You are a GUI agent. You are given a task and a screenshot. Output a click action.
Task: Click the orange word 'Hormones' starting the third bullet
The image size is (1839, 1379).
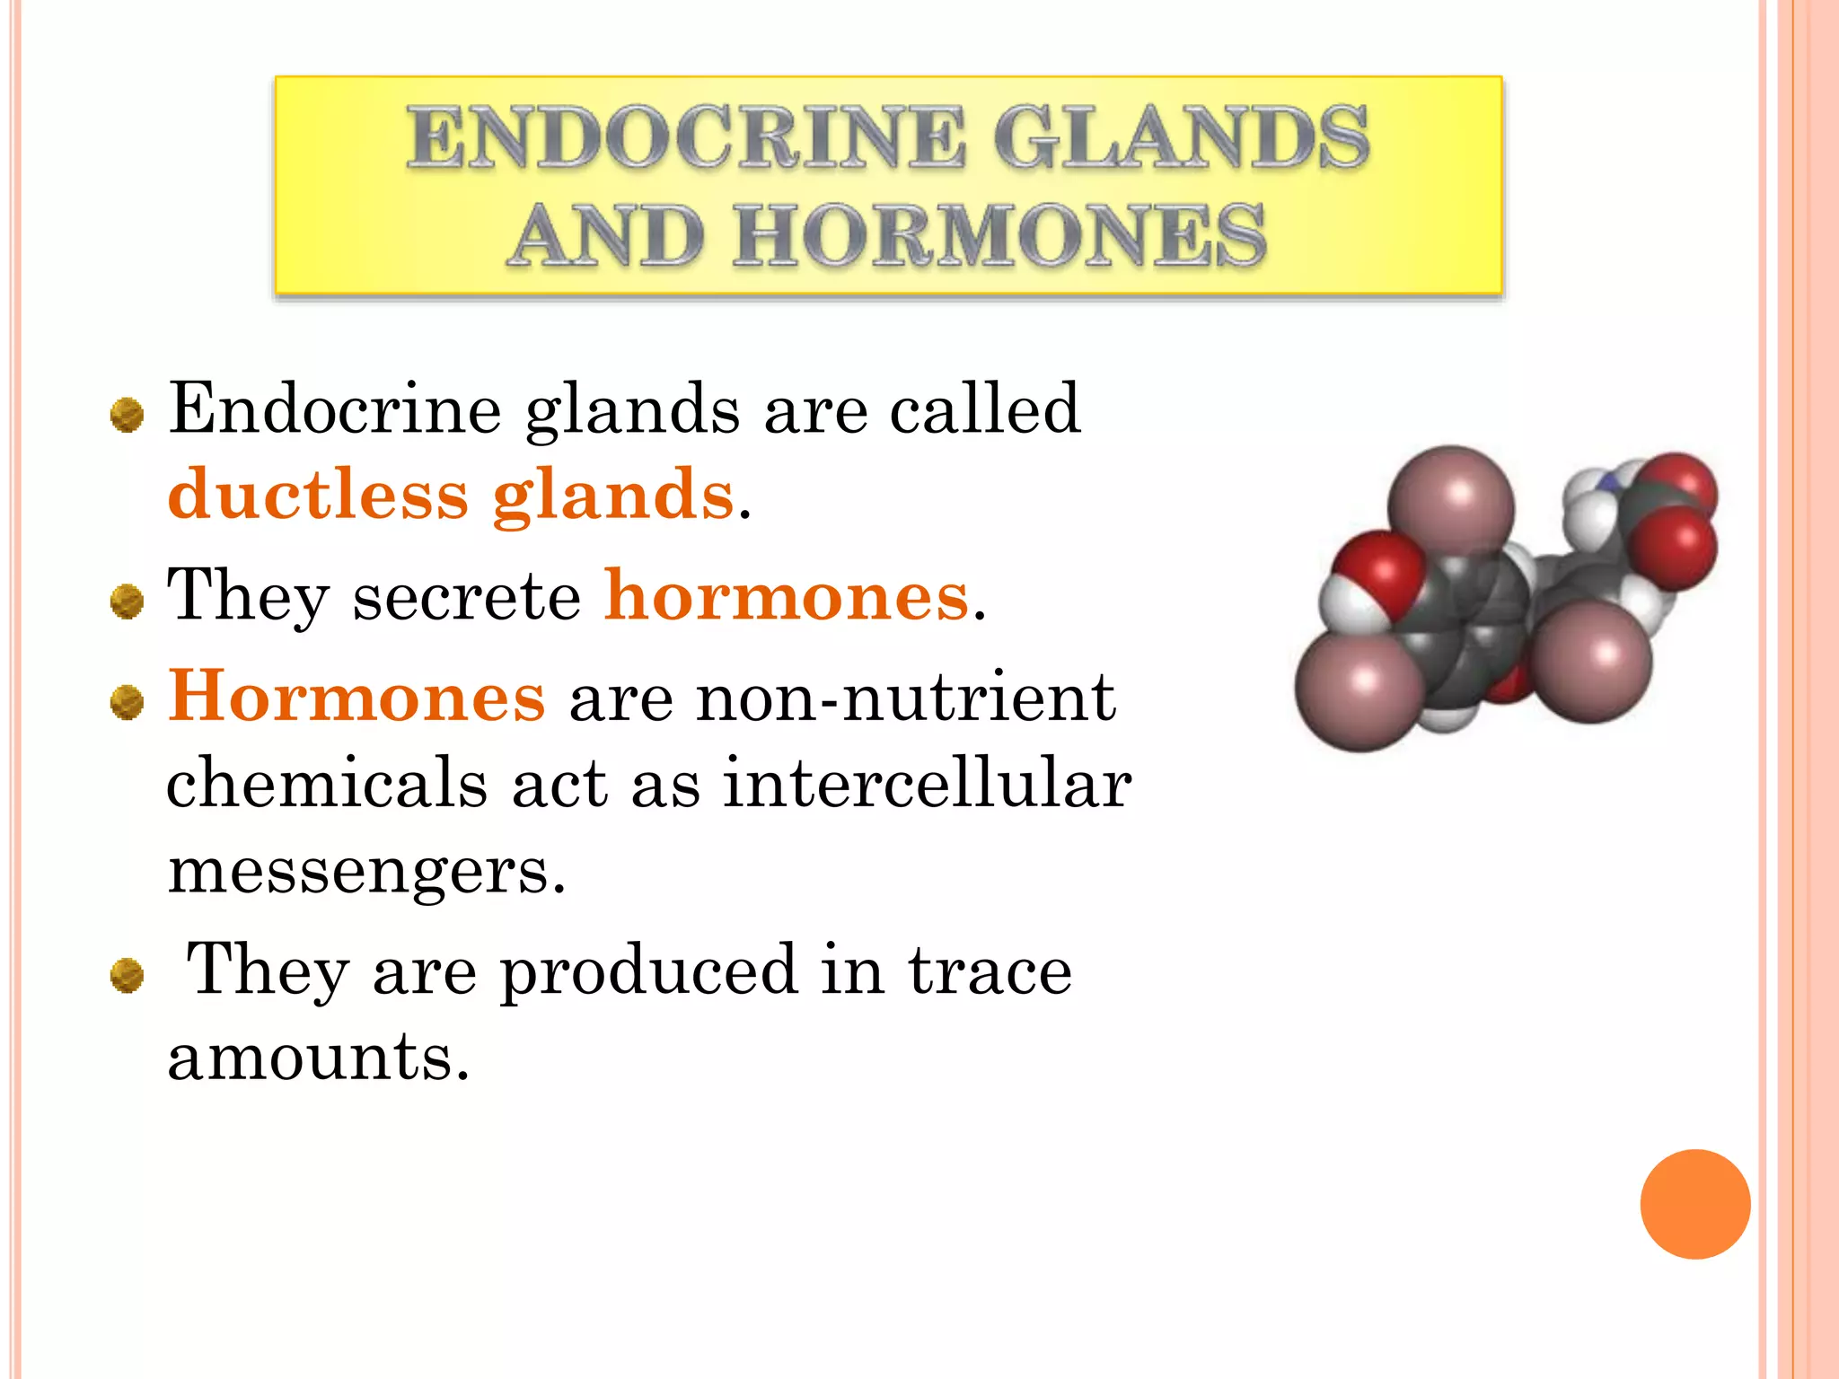tap(356, 697)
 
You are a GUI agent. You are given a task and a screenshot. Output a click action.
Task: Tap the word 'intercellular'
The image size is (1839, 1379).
tap(927, 783)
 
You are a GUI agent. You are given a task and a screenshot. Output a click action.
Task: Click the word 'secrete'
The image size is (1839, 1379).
tap(467, 597)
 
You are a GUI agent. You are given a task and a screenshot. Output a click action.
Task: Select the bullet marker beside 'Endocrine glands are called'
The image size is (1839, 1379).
tap(127, 416)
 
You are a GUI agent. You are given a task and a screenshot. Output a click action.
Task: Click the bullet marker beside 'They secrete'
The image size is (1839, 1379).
tap(127, 602)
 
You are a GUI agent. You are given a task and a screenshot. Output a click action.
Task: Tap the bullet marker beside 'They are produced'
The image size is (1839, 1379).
tap(127, 976)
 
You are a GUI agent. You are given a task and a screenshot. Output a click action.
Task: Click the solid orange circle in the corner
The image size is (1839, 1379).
tap(1694, 1204)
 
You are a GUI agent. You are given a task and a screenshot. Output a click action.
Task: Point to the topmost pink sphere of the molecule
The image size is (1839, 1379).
tap(1450, 506)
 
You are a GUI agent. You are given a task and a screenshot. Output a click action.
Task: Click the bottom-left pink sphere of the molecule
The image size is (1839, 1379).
tap(1359, 685)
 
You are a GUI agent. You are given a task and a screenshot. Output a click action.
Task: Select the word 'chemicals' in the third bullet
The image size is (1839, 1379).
tap(327, 783)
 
